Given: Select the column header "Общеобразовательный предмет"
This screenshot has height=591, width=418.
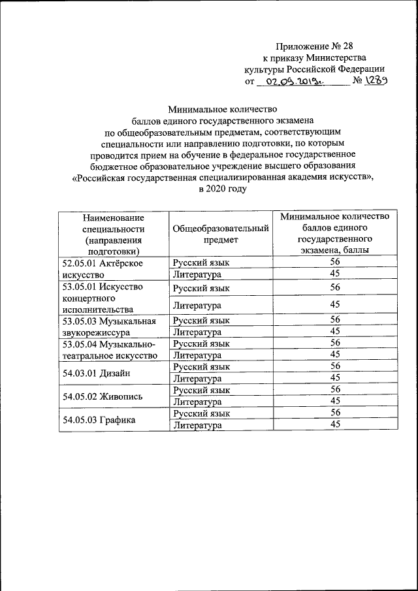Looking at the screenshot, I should (221, 234).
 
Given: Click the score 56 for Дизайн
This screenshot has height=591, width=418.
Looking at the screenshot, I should (335, 366).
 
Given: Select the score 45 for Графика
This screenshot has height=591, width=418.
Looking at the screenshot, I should (335, 424).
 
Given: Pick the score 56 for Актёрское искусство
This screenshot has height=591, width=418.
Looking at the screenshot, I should (335, 262).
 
